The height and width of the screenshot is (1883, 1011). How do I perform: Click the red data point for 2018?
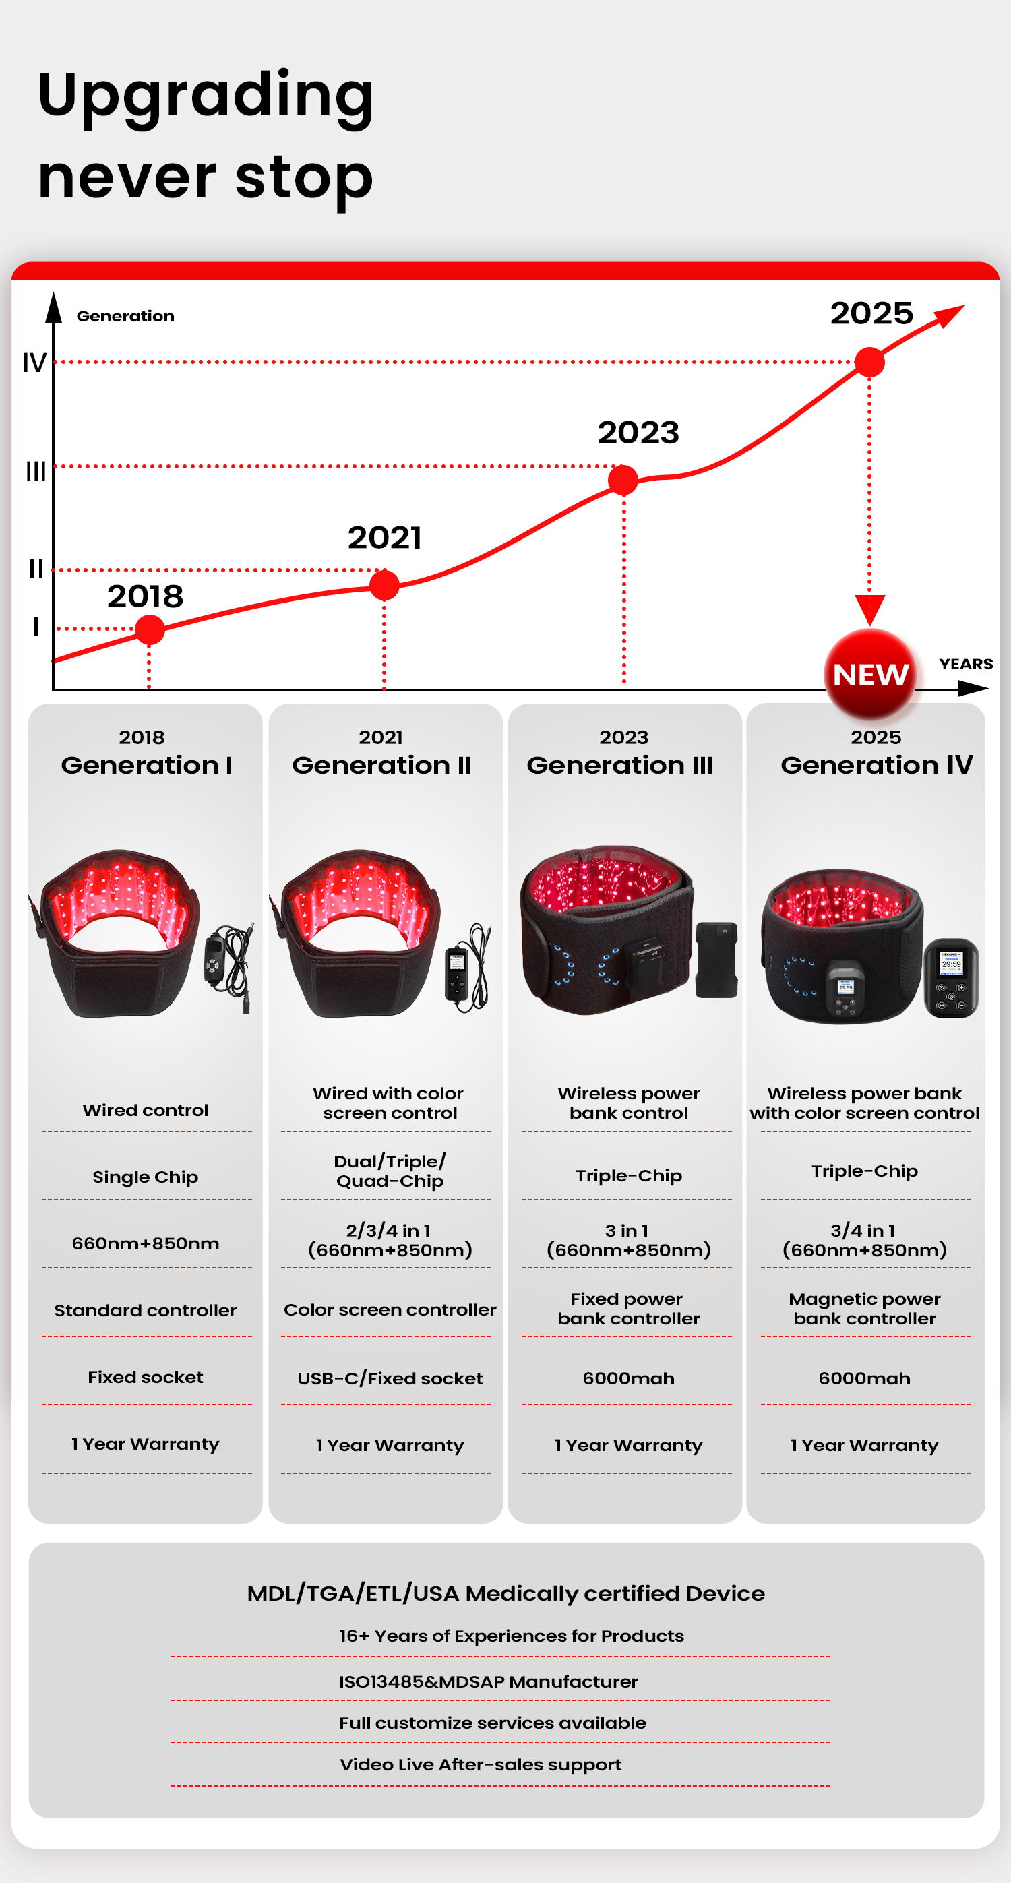[150, 629]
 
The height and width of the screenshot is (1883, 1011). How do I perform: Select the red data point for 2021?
[384, 585]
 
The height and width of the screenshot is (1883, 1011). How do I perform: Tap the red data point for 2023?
[623, 481]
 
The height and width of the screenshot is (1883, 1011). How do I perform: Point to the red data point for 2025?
[869, 362]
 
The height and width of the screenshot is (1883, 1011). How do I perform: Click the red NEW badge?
[870, 674]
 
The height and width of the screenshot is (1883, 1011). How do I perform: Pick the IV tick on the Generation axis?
[34, 363]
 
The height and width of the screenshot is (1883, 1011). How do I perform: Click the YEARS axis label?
[966, 664]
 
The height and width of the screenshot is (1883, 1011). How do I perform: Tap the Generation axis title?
[125, 316]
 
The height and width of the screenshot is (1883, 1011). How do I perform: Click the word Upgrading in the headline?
[206, 95]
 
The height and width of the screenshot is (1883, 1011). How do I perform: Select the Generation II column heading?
[381, 765]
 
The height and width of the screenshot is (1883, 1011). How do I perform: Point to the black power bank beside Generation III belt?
[716, 960]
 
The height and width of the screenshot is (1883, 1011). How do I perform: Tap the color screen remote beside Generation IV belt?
[950, 977]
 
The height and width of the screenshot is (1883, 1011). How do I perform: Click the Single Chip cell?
[146, 1177]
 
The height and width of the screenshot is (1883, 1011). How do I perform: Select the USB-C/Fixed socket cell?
[390, 1378]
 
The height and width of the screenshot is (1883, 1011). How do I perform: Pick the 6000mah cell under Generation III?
[628, 1378]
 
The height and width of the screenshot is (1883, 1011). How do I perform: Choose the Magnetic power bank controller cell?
[864, 1308]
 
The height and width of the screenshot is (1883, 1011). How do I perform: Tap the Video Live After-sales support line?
[481, 1764]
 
